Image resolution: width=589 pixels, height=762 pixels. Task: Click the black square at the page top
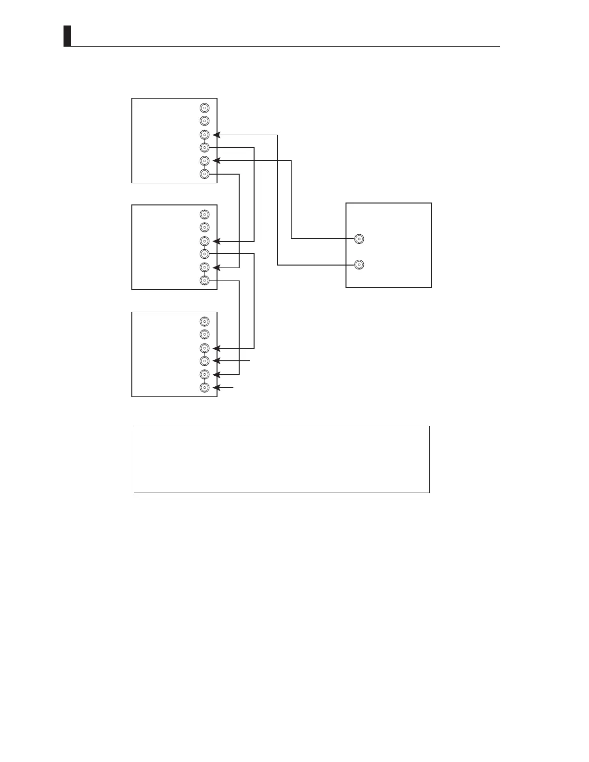pyautogui.click(x=67, y=36)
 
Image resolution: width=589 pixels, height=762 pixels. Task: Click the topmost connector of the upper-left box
pyautogui.click(x=205, y=108)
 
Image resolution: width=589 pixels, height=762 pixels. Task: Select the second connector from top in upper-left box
pyautogui.click(x=205, y=121)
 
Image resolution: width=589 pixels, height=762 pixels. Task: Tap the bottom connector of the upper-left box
pyautogui.click(x=205, y=174)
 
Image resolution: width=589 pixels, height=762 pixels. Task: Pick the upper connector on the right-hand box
pyautogui.click(x=359, y=239)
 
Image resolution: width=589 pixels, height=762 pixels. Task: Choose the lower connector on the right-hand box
pyautogui.click(x=359, y=265)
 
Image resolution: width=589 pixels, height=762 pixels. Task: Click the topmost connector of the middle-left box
pyautogui.click(x=205, y=214)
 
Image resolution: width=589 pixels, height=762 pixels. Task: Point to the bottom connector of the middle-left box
pyautogui.click(x=205, y=280)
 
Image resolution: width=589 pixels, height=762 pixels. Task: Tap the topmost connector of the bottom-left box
pyautogui.click(x=205, y=321)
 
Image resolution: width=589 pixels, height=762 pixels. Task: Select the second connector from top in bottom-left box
pyautogui.click(x=205, y=334)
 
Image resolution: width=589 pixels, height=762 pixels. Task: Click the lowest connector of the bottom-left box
pyautogui.click(x=205, y=388)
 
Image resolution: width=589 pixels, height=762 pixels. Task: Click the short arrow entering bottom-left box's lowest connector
pyautogui.click(x=224, y=388)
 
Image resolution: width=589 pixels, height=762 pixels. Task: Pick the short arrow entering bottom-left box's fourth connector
pyautogui.click(x=232, y=360)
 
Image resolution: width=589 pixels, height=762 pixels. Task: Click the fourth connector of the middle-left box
pyautogui.click(x=205, y=254)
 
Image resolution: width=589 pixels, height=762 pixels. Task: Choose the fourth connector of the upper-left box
pyautogui.click(x=205, y=147)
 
